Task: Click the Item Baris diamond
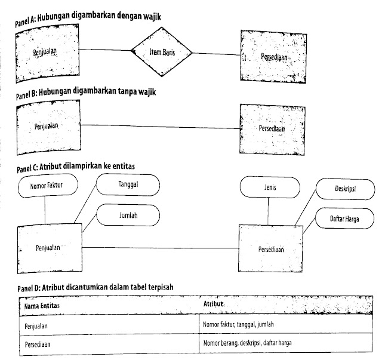(x=161, y=53)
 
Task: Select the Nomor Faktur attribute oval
(x=46, y=186)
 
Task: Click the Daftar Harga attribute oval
(x=343, y=219)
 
